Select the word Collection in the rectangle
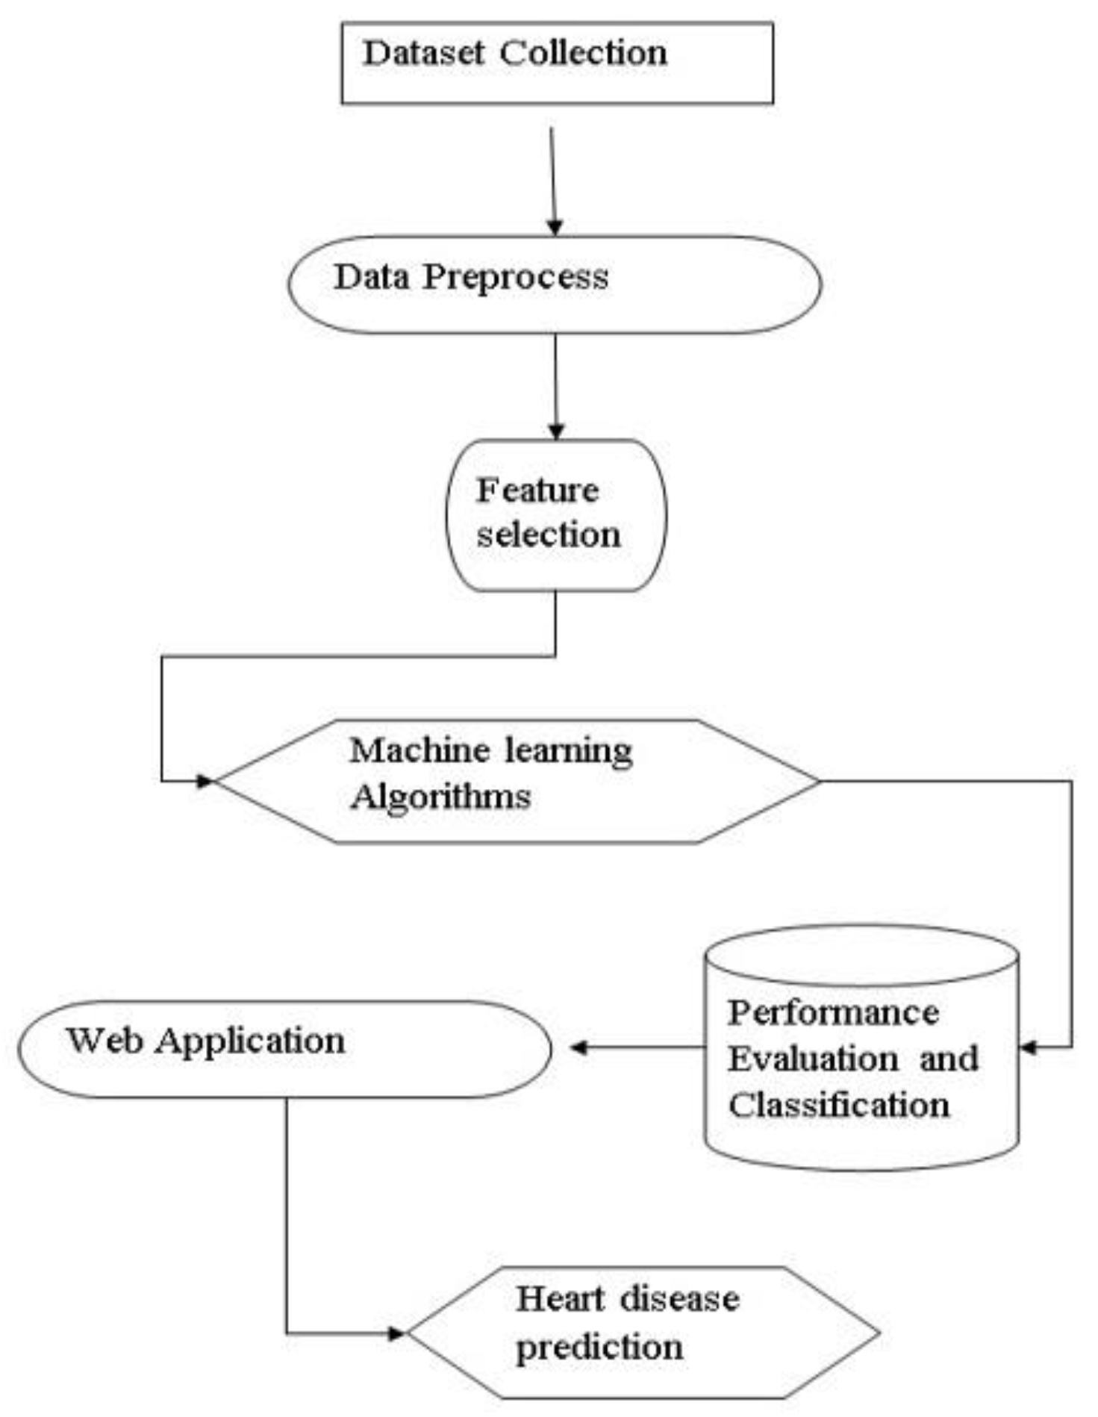583,53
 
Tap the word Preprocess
515,278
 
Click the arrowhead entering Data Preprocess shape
554,227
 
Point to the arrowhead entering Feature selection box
555,432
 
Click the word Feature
537,490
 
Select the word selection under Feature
549,535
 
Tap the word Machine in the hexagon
419,750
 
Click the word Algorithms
440,797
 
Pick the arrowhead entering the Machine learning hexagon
205,781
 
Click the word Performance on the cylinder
833,1013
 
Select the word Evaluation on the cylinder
813,1059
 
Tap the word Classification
839,1105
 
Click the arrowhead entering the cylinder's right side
1029,1047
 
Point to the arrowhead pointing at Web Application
578,1047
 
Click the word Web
105,1040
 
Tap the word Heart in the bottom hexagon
560,1299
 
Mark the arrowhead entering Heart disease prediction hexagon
397,1333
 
